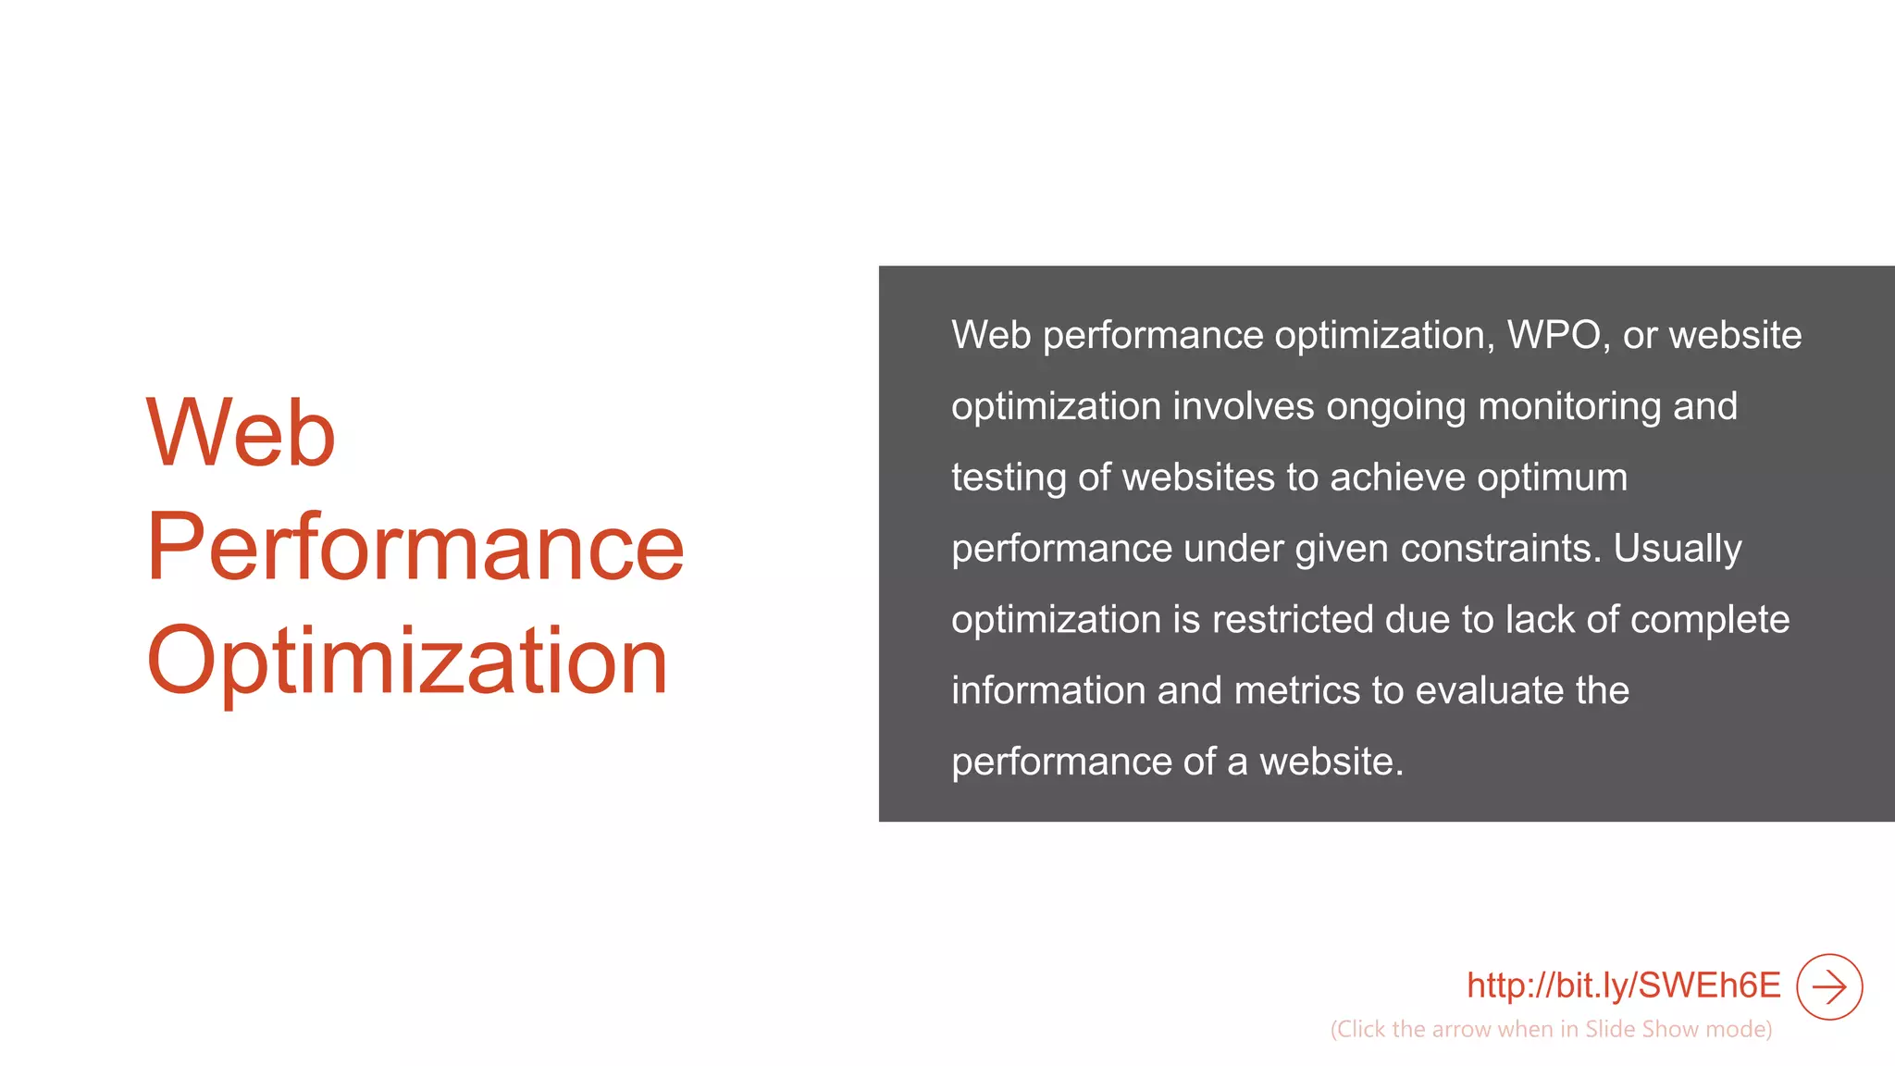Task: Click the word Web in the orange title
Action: [x=241, y=432]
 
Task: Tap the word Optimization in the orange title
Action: [x=407, y=661]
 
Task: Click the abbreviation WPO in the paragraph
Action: [x=1554, y=335]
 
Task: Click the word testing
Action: [x=1009, y=478]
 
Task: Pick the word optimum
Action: [x=1552, y=478]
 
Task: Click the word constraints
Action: [x=1500, y=549]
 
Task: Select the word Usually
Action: [x=1678, y=549]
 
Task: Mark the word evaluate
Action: [x=1489, y=690]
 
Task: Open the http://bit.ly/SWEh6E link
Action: [x=1623, y=985]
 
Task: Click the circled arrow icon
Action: [x=1829, y=986]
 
